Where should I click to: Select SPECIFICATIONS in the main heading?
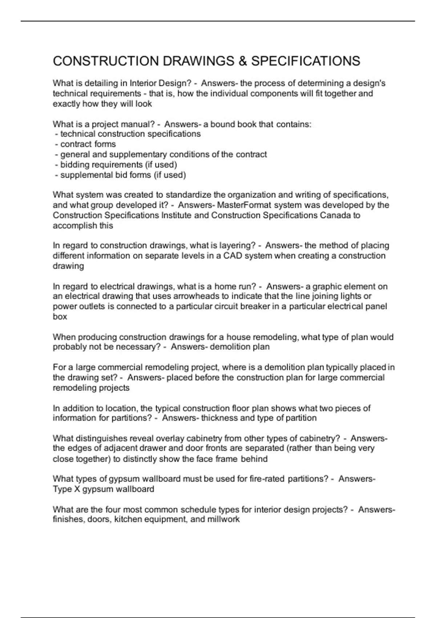(306, 61)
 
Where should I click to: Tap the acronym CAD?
(233, 256)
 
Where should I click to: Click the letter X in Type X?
(77, 489)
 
